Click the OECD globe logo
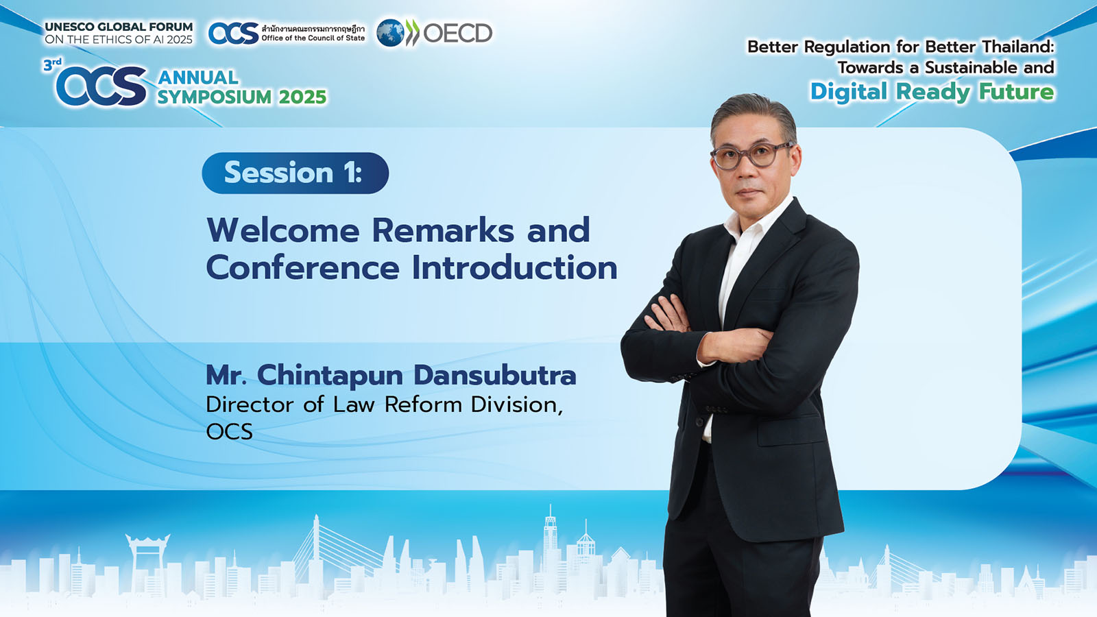point(390,34)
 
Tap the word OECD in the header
point(457,34)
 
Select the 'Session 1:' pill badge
point(296,173)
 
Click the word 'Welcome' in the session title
point(283,230)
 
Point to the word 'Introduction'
point(514,267)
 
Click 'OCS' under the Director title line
point(229,431)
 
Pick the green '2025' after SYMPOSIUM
point(302,97)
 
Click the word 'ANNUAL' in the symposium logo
point(198,77)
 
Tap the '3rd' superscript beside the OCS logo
point(52,64)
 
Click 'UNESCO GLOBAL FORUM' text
point(119,27)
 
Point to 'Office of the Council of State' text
point(313,38)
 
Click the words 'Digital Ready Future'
point(932,93)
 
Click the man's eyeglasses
point(752,155)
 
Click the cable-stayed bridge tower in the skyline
point(316,544)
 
